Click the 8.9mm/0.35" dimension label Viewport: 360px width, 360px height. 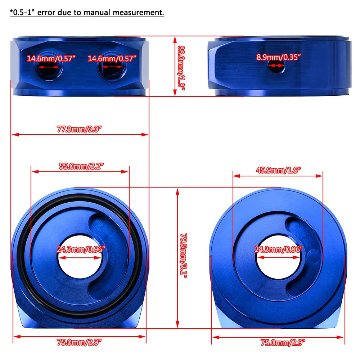coord(278,57)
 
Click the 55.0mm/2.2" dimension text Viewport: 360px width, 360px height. coord(81,166)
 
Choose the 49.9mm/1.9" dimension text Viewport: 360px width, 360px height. coord(278,170)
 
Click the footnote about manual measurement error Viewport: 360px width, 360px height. coord(87,13)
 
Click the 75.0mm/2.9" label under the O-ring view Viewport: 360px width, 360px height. coord(79,342)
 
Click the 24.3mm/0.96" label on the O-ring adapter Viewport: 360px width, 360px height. coord(81,249)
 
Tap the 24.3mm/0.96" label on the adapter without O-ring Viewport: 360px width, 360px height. coord(278,249)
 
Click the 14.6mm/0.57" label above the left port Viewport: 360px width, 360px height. coord(52,58)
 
